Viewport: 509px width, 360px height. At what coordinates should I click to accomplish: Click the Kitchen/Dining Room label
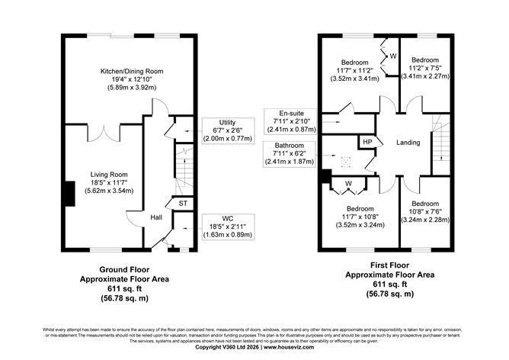(x=133, y=71)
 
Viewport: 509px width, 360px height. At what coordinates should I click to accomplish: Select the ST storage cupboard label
(x=183, y=203)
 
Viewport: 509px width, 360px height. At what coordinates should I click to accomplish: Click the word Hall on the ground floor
(x=156, y=217)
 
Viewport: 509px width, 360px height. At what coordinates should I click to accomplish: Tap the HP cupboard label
(x=367, y=143)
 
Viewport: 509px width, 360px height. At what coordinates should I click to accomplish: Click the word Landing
(x=411, y=143)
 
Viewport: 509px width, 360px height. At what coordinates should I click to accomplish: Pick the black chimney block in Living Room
(x=69, y=193)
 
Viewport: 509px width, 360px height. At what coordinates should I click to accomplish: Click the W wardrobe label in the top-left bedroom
(x=393, y=56)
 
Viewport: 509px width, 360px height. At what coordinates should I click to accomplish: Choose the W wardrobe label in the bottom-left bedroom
(x=348, y=183)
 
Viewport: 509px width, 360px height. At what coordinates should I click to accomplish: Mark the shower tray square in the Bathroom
(x=344, y=162)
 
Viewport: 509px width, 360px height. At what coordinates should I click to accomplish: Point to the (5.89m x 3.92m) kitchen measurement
(x=133, y=88)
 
